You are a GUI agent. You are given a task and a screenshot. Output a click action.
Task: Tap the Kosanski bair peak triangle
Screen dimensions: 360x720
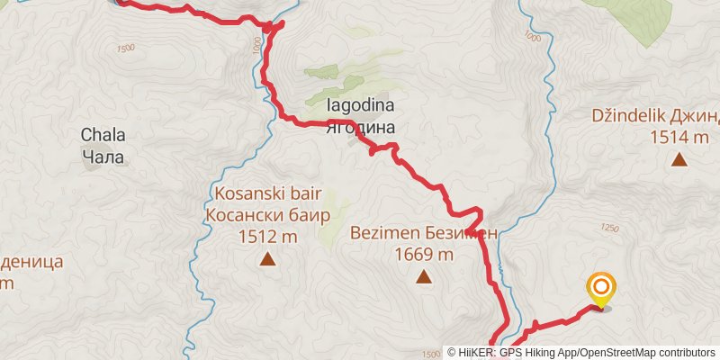coord(267,260)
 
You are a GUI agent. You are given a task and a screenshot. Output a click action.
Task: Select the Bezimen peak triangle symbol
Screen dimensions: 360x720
coord(423,276)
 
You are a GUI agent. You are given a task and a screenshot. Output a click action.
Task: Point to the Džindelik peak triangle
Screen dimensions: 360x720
coord(679,160)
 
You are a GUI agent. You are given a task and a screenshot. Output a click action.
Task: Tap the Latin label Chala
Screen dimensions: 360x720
coord(103,136)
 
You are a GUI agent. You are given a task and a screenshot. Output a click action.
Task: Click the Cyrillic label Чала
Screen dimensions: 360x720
coord(103,157)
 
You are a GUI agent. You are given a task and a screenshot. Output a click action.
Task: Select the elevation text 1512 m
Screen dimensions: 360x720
coord(267,238)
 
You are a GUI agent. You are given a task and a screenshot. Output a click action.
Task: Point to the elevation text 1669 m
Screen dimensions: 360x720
coord(423,254)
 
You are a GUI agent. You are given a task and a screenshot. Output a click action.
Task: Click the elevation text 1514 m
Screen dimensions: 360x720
coord(679,137)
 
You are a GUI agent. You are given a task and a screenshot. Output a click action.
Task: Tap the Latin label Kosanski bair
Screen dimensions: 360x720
coord(267,194)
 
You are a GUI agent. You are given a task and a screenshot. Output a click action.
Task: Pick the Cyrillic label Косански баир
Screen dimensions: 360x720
coord(267,216)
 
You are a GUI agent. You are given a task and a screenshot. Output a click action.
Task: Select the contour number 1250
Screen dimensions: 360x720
coord(609,229)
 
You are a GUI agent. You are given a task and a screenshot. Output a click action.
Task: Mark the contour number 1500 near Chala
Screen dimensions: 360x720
coord(124,48)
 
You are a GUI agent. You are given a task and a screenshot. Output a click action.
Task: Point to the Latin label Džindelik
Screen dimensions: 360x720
coord(628,115)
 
